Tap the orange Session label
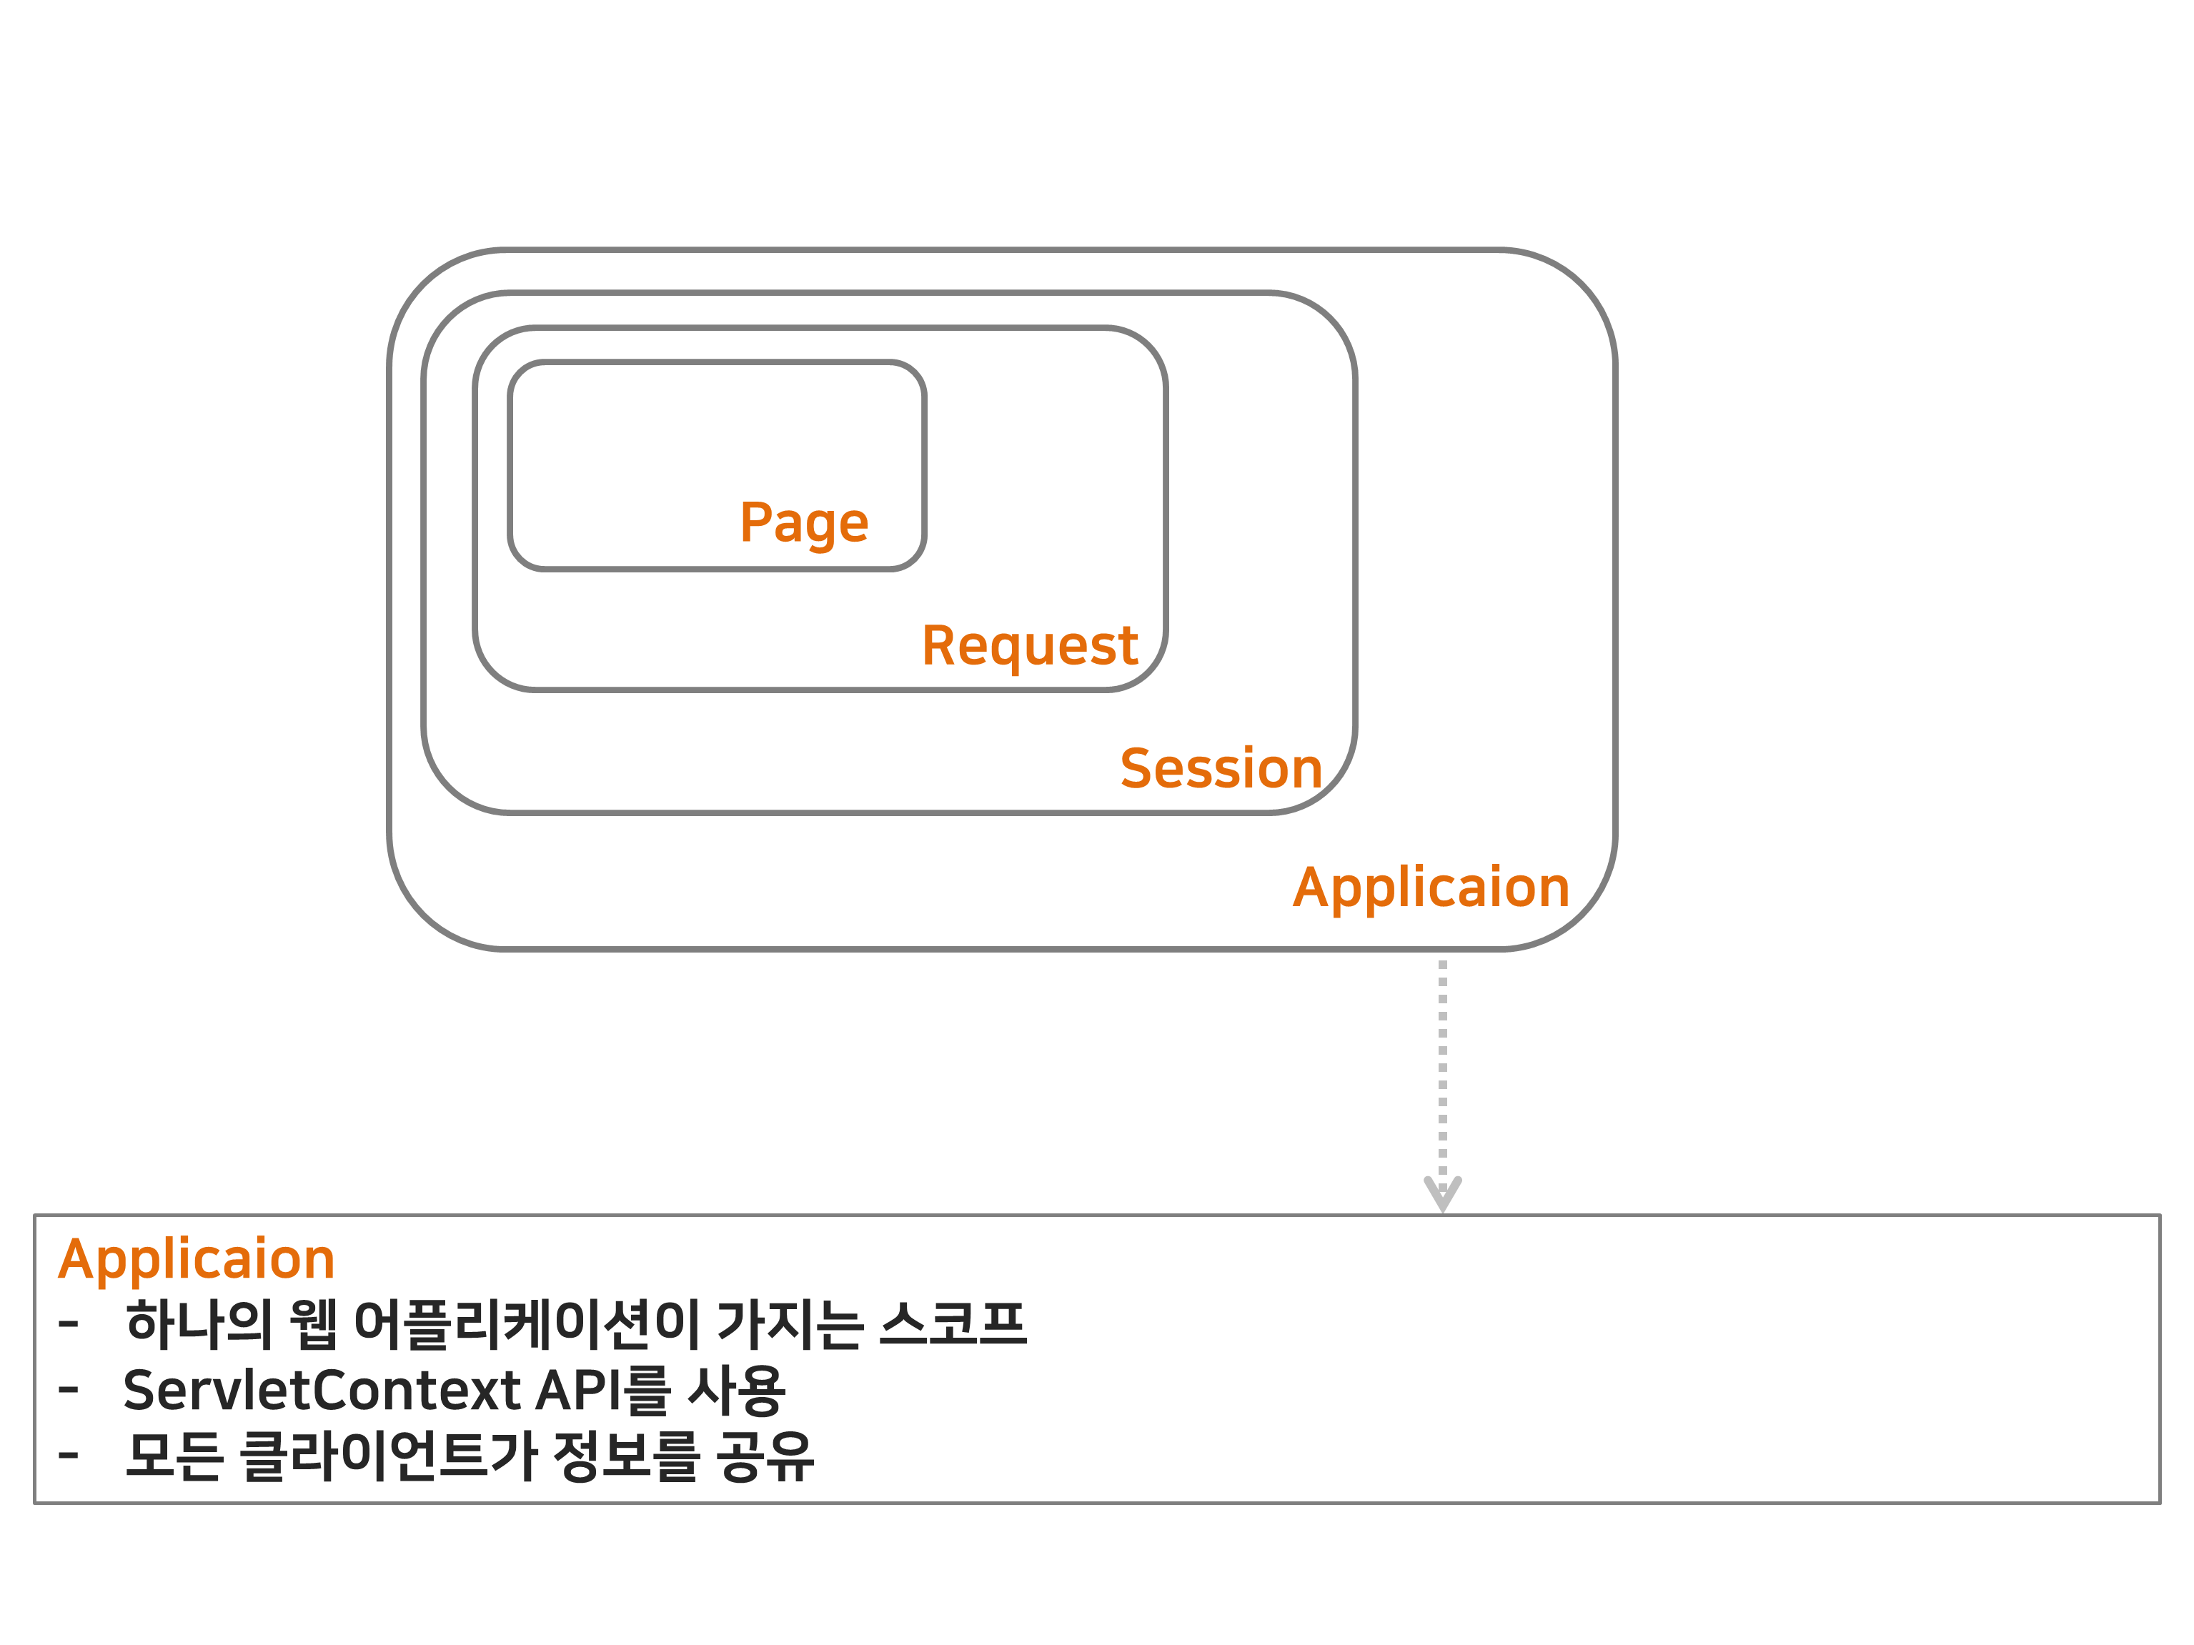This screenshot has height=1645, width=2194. click(x=1221, y=768)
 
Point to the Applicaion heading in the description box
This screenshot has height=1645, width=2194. click(x=197, y=1259)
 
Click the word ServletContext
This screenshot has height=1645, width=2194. click(x=322, y=1390)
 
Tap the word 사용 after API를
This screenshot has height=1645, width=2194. click(x=736, y=1390)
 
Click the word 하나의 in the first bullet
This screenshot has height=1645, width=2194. click(x=199, y=1323)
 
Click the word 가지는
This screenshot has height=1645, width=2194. click(x=790, y=1323)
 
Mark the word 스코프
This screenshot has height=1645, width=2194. click(x=952, y=1323)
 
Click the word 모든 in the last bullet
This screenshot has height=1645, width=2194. click(x=174, y=1456)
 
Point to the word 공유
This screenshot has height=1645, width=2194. click(x=765, y=1456)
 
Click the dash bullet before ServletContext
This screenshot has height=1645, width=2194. click(x=69, y=1389)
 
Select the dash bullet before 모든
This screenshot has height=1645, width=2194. click(x=69, y=1455)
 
